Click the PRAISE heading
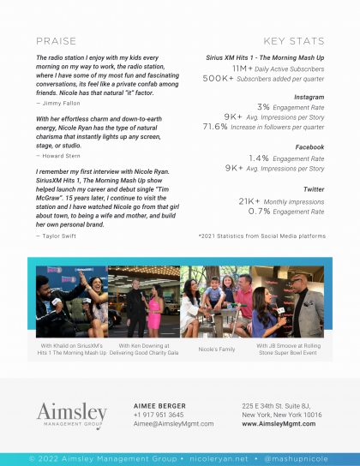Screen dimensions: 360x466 [57, 41]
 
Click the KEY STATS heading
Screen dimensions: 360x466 [294, 41]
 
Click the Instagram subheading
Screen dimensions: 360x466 [309, 97]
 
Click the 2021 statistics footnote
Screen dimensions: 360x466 [261, 235]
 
